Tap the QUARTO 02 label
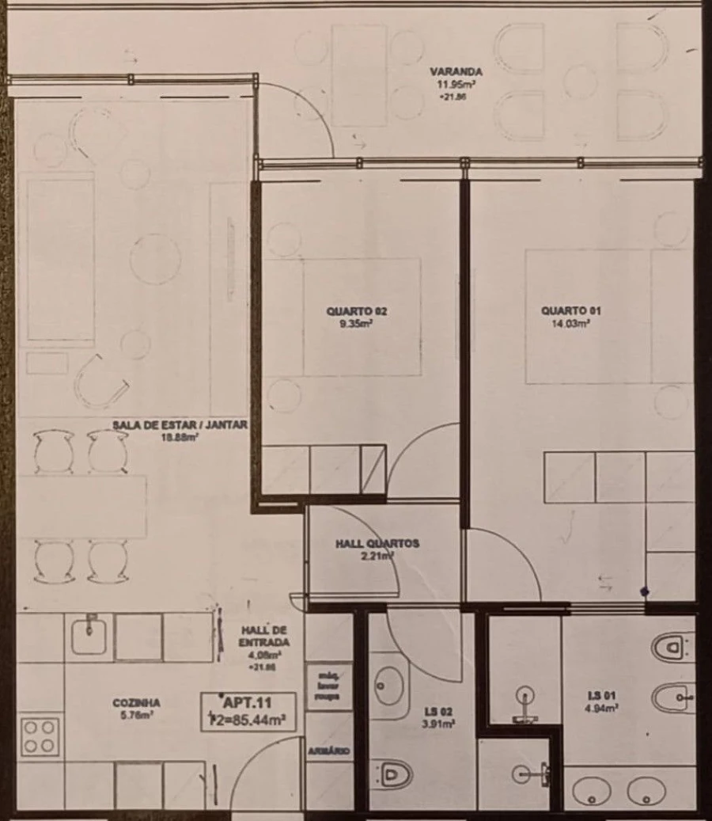[x=356, y=311]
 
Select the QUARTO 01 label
[x=565, y=310]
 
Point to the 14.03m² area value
[x=566, y=323]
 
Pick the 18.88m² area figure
[x=180, y=435]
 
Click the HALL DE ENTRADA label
[x=263, y=637]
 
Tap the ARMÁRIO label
[x=328, y=750]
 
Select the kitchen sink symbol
[x=89, y=637]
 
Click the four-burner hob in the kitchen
[x=40, y=736]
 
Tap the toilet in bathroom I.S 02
[x=394, y=773]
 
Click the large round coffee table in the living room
[x=155, y=259]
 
